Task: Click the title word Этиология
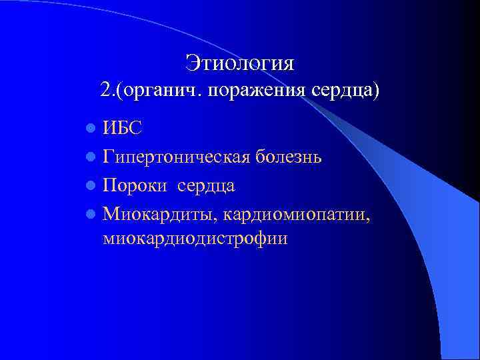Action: click(240, 63)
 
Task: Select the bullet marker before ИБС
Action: click(91, 129)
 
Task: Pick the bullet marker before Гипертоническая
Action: click(91, 157)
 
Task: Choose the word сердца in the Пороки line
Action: click(206, 186)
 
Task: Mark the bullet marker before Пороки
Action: click(91, 186)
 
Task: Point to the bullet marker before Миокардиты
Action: click(91, 215)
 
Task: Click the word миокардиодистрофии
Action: click(195, 239)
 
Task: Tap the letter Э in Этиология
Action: click(192, 63)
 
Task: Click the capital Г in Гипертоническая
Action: click(109, 157)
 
